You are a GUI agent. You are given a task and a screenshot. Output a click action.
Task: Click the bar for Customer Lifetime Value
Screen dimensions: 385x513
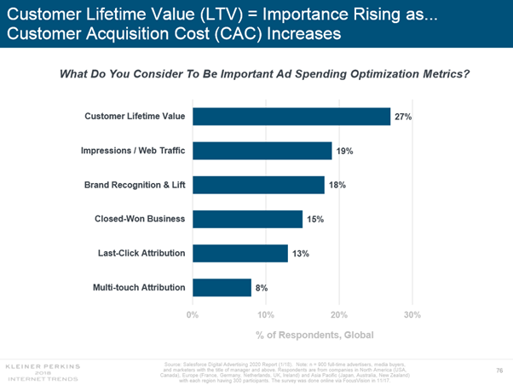pyautogui.click(x=291, y=116)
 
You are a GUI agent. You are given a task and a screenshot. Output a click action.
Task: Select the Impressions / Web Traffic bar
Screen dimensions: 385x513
pyautogui.click(x=262, y=150)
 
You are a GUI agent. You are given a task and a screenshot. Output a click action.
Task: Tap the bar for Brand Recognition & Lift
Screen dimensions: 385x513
pyautogui.click(x=259, y=185)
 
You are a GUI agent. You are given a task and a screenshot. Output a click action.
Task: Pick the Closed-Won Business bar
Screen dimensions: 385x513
pyautogui.click(x=248, y=219)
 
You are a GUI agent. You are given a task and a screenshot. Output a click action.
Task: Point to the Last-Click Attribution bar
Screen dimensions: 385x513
pyautogui.click(x=240, y=253)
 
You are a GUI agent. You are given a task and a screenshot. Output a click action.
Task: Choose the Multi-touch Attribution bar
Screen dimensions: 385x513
pyautogui.click(x=222, y=287)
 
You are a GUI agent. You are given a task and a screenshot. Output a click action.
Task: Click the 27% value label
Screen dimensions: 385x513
pyautogui.click(x=403, y=117)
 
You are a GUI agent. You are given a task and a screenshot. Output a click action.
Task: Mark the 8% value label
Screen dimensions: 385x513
pyautogui.click(x=262, y=288)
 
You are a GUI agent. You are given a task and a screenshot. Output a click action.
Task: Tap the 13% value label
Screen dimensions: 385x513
pyautogui.click(x=301, y=254)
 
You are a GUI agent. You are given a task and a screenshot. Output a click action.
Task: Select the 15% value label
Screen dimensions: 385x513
pyautogui.click(x=315, y=220)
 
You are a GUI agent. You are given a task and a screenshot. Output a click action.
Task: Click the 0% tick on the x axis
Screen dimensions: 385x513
pyautogui.click(x=193, y=314)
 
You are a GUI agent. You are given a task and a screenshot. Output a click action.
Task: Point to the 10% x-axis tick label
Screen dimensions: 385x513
pyautogui.click(x=265, y=314)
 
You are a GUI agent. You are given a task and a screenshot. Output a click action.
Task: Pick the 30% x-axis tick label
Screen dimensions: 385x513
pyautogui.click(x=412, y=314)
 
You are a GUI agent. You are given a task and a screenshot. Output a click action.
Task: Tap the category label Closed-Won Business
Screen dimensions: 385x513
pyautogui.click(x=140, y=219)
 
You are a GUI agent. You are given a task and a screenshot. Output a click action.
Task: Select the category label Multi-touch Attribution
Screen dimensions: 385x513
pyautogui.click(x=139, y=287)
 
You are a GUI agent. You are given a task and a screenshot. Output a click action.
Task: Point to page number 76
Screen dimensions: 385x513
pyautogui.click(x=499, y=369)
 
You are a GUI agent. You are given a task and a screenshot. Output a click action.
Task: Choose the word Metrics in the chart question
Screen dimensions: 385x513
pyautogui.click(x=444, y=74)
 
